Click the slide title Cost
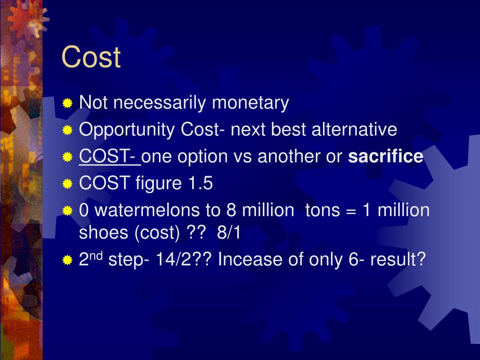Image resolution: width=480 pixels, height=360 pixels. point(91,57)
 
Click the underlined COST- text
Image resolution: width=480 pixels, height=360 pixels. point(109,157)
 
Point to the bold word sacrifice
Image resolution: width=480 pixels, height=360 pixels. point(385,157)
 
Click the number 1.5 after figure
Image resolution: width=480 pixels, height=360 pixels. point(201,184)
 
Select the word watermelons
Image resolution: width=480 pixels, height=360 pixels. point(149,210)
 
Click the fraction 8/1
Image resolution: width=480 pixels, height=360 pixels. point(229,233)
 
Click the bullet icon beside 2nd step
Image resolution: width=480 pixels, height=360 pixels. point(68,260)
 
